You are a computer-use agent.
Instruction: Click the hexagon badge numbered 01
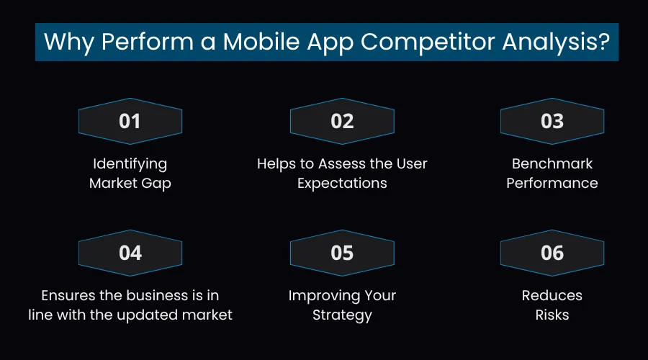[x=130, y=121]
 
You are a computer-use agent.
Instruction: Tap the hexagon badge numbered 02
[x=342, y=121]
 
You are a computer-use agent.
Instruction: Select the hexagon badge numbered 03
[x=552, y=121]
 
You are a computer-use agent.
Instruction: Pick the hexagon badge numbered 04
[x=130, y=253]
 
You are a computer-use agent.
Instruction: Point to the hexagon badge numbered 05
[x=342, y=253]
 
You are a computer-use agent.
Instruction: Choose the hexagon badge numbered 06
[x=552, y=253]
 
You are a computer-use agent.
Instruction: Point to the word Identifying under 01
[x=130, y=164]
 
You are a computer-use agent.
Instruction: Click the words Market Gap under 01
[x=130, y=183]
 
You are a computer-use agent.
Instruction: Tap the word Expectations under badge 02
[x=342, y=183]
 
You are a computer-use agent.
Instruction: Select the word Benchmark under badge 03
[x=552, y=164]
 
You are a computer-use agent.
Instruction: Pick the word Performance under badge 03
[x=552, y=183]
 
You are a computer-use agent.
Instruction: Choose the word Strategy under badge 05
[x=342, y=315]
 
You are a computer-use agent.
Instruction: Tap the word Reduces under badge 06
[x=552, y=296]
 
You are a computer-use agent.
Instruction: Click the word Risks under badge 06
[x=552, y=315]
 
